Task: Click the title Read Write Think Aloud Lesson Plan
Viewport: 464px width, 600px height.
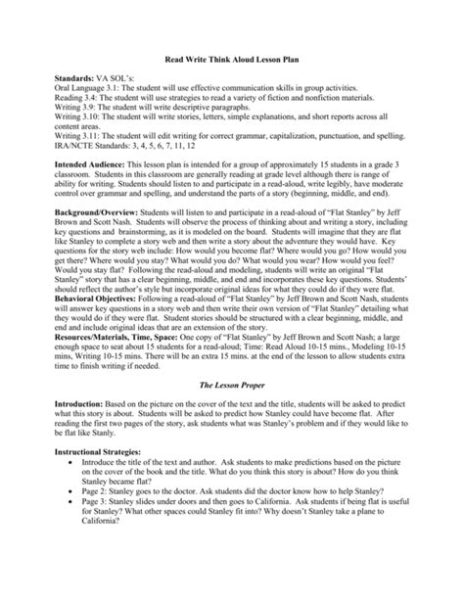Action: (x=233, y=59)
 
